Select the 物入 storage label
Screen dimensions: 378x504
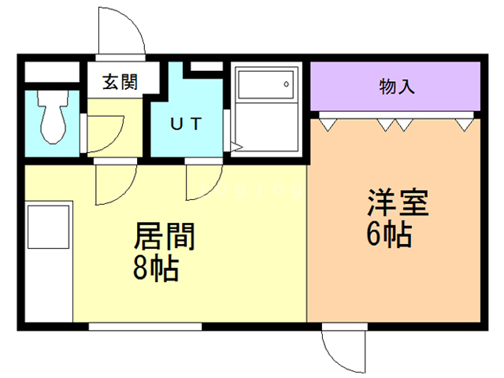coord(396,86)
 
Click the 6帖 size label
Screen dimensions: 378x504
coord(390,235)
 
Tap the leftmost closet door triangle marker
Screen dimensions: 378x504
coord(328,123)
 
